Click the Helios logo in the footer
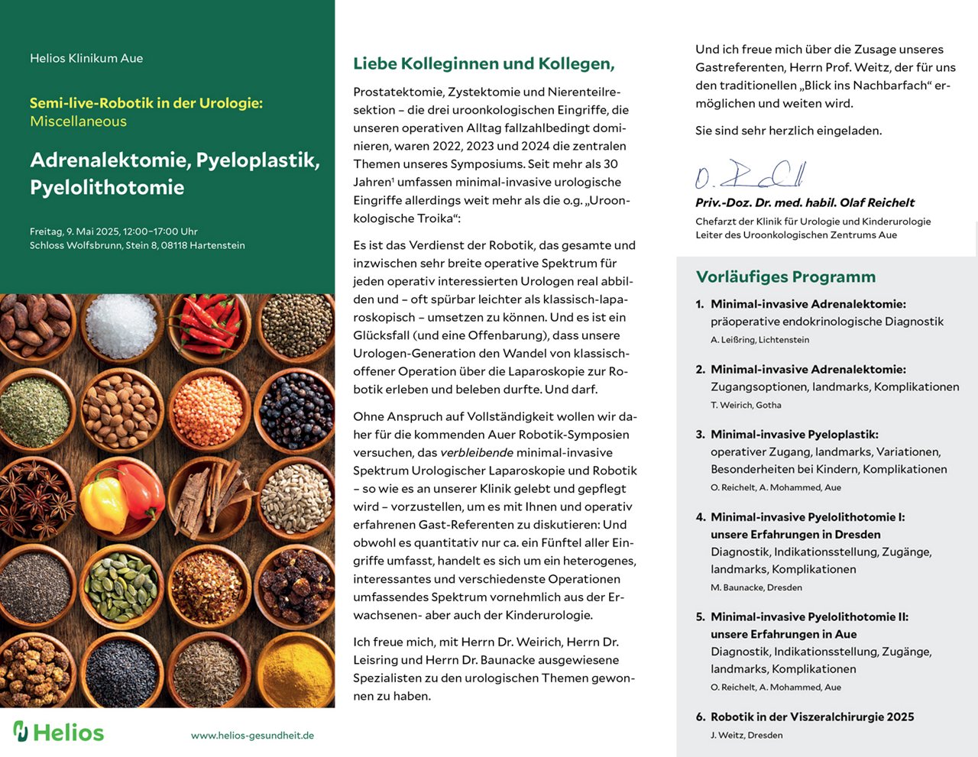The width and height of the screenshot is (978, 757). pyautogui.click(x=58, y=732)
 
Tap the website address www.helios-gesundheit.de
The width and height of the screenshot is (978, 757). pyautogui.click(x=252, y=736)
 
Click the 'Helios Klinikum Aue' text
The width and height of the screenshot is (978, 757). pyautogui.click(x=86, y=58)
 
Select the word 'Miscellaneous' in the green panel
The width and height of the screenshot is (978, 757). pyautogui.click(x=78, y=121)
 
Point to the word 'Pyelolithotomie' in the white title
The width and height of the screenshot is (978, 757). pyautogui.click(x=107, y=188)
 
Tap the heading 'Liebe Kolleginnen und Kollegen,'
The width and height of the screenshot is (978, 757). pyautogui.click(x=484, y=64)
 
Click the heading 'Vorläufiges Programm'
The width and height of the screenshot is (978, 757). pyautogui.click(x=785, y=277)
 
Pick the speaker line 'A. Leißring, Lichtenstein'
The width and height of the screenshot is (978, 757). pyautogui.click(x=759, y=340)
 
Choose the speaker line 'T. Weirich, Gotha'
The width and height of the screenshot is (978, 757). pyautogui.click(x=746, y=406)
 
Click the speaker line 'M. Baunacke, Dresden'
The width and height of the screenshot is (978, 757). pyautogui.click(x=756, y=588)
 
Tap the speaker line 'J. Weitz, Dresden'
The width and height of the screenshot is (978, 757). pyautogui.click(x=746, y=736)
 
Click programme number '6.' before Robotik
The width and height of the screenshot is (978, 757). pyautogui.click(x=701, y=717)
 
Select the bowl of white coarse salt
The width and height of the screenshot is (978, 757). pyautogui.click(x=121, y=325)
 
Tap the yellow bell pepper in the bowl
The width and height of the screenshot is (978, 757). pyautogui.click(x=105, y=503)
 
